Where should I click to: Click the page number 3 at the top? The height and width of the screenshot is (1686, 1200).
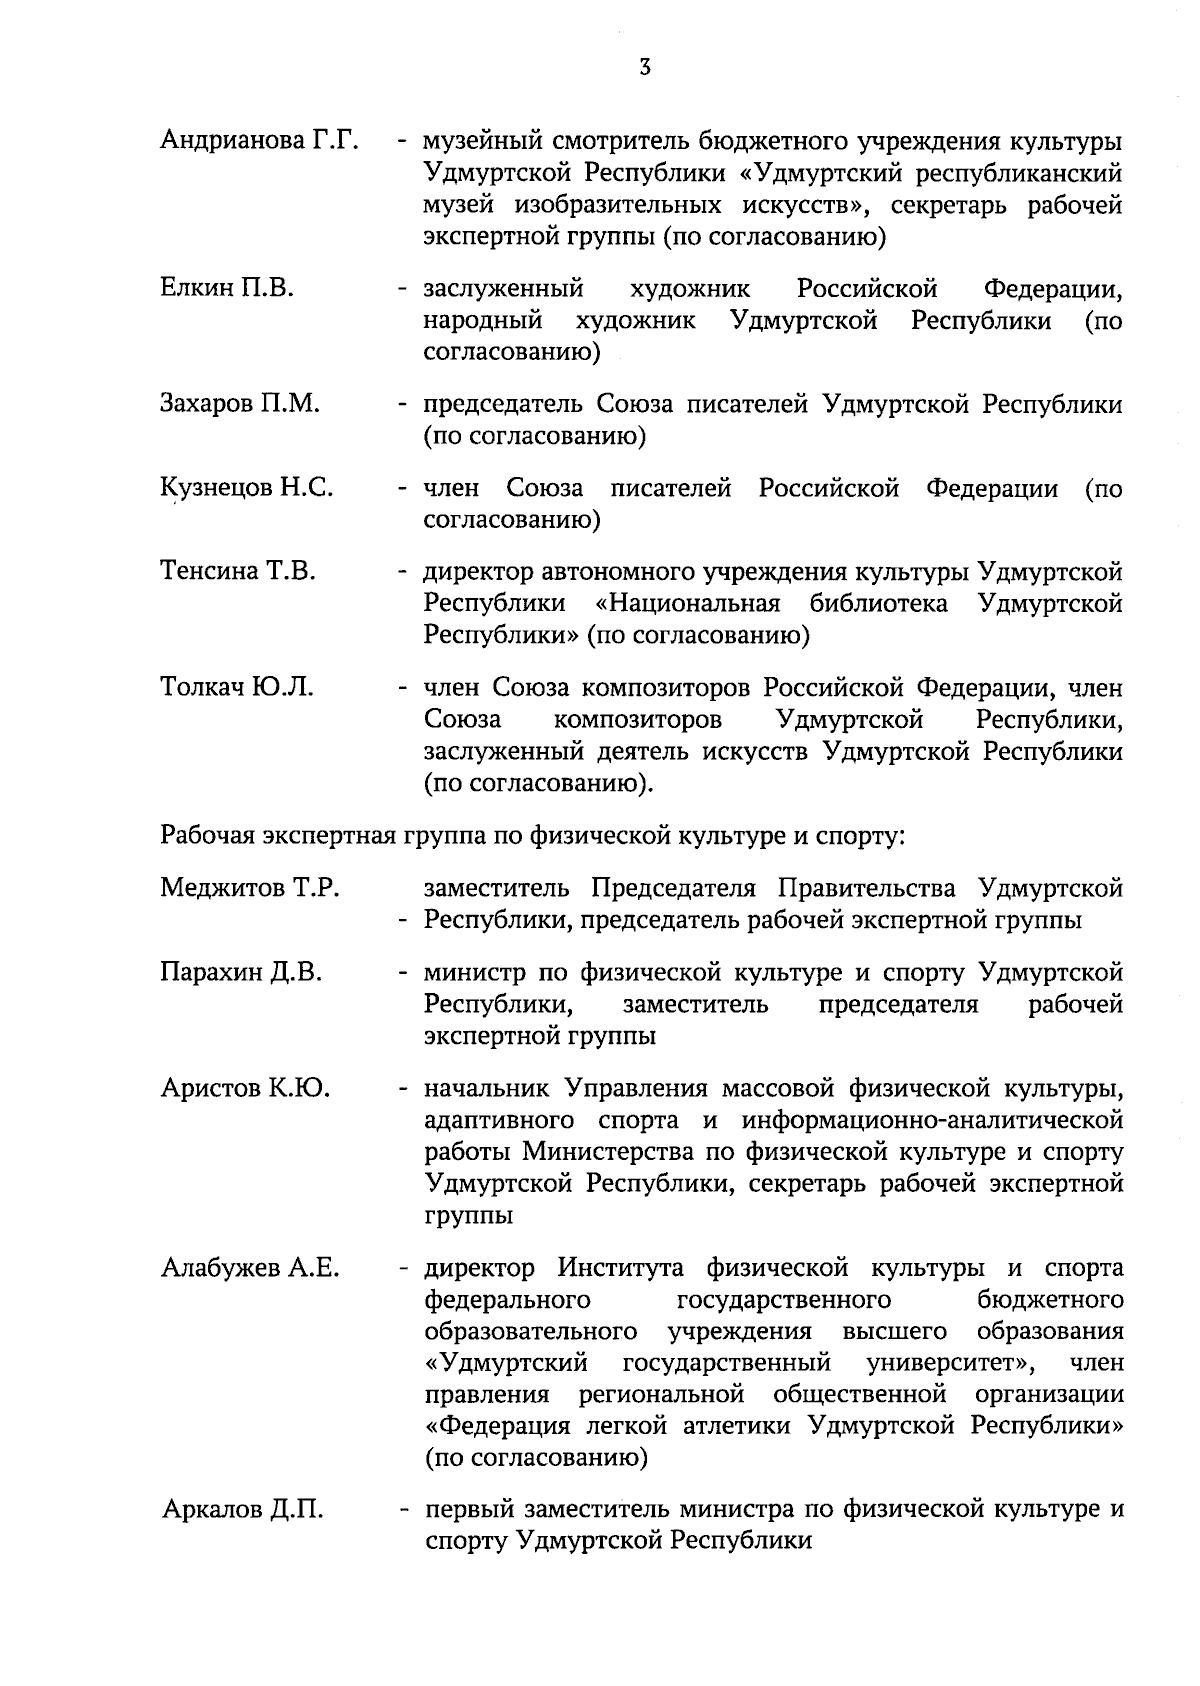(645, 68)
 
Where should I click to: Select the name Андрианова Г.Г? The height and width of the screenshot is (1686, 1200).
(259, 141)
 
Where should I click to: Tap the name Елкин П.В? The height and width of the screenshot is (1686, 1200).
(227, 290)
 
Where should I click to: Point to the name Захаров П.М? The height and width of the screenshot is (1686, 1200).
(240, 404)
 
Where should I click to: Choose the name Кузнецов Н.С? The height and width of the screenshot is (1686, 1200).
(247, 488)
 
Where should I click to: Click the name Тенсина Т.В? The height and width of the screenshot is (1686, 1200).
(238, 572)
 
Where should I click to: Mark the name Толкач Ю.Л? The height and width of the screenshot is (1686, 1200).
(237, 688)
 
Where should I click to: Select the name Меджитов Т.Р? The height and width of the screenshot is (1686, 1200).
(250, 888)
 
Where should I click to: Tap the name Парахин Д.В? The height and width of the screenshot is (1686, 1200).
(241, 972)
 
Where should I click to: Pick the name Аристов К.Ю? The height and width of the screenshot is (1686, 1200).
(245, 1088)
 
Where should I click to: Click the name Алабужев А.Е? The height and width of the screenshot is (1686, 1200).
(250, 1269)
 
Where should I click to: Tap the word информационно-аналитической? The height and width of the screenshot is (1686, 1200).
(918, 1120)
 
